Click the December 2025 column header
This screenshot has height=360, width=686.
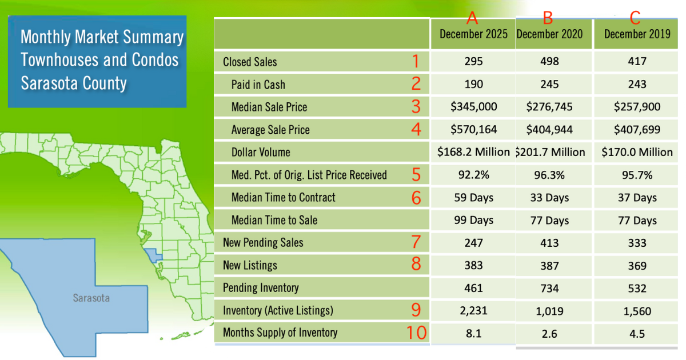pyautogui.click(x=473, y=34)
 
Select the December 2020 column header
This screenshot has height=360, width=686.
pyautogui.click(x=549, y=34)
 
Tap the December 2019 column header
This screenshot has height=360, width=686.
pyautogui.click(x=637, y=34)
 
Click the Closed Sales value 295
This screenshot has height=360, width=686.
pyautogui.click(x=473, y=62)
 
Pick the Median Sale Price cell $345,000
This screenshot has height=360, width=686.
pyautogui.click(x=473, y=107)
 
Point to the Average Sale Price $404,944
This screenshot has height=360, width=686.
pyautogui.click(x=549, y=130)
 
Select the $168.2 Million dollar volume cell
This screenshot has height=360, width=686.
pyautogui.click(x=473, y=152)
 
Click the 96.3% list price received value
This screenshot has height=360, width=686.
pyautogui.click(x=549, y=175)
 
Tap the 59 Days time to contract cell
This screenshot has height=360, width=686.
pyautogui.click(x=473, y=198)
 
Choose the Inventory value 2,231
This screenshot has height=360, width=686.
pyautogui.click(x=473, y=311)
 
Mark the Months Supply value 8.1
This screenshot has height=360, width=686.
pyautogui.click(x=473, y=333)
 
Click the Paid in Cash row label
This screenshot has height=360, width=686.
pyautogui.click(x=258, y=85)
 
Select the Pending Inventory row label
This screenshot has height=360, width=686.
pyautogui.click(x=261, y=288)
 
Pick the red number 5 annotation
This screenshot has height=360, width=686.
pyautogui.click(x=416, y=174)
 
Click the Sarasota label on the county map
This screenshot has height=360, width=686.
pyautogui.click(x=91, y=298)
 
